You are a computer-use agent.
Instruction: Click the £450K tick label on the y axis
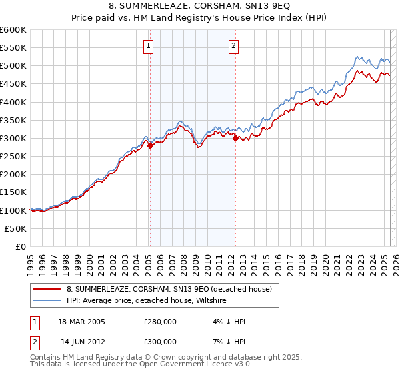tap(13, 84)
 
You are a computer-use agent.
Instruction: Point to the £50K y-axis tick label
tap(15, 228)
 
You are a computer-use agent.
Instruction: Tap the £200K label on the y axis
tap(13, 174)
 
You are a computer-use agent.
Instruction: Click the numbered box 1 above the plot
tap(147, 46)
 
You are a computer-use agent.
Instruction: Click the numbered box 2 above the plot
tap(234, 46)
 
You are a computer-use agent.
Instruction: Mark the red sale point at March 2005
tap(150, 145)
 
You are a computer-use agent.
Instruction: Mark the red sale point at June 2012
tap(235, 138)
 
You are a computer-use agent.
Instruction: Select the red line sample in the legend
tap(47, 290)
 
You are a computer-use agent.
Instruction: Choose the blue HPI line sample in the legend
tap(47, 301)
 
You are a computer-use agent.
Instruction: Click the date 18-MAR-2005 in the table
tap(81, 322)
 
